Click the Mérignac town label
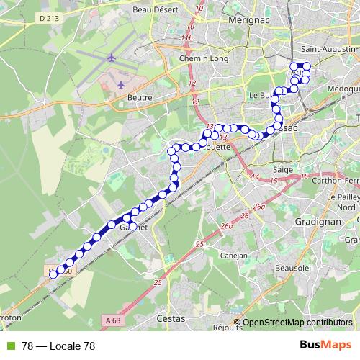tap(247, 22)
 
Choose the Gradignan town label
tap(317, 222)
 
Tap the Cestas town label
tap(171, 318)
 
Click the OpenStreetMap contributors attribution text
tap(297, 323)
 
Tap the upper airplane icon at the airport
tap(112, 58)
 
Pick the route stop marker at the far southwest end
tap(53, 274)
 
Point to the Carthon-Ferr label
tap(337, 181)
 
